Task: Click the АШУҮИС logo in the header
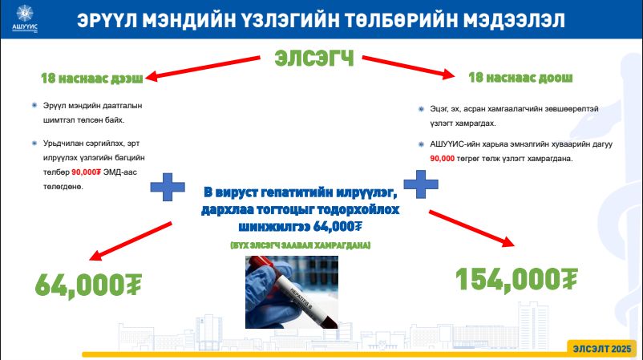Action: coord(25,18)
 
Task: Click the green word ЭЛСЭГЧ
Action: coord(314,59)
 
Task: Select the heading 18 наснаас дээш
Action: coord(92,78)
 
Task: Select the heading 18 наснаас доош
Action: coord(520,77)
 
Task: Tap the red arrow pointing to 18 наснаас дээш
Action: coord(203,67)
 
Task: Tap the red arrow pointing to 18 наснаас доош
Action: coord(408,67)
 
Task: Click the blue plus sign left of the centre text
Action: coord(168,187)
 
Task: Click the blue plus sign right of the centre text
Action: coord(421,184)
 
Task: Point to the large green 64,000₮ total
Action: coord(88,284)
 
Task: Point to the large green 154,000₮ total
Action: coord(516,279)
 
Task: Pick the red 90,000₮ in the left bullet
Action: coord(86,172)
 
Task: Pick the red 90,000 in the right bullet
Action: coord(442,159)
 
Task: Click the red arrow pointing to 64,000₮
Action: coord(131,241)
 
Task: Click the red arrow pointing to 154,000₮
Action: coord(471,229)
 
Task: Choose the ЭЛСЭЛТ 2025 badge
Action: coord(601,349)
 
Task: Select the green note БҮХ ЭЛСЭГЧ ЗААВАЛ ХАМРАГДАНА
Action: coord(300,245)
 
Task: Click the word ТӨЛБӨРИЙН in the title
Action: coord(400,20)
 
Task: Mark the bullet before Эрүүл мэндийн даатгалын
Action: coord(34,105)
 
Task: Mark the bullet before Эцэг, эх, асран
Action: coord(421,109)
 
